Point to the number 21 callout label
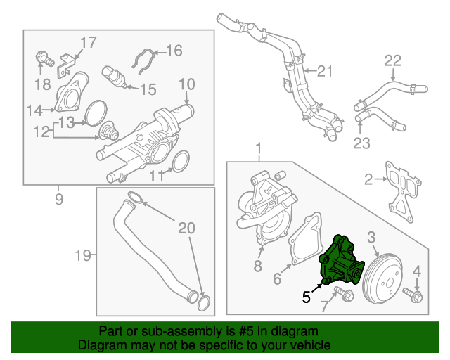[323, 70]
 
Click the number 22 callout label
[392, 61]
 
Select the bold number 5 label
[307, 297]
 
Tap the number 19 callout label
[83, 255]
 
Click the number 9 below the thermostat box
[58, 199]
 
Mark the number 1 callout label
[258, 149]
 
